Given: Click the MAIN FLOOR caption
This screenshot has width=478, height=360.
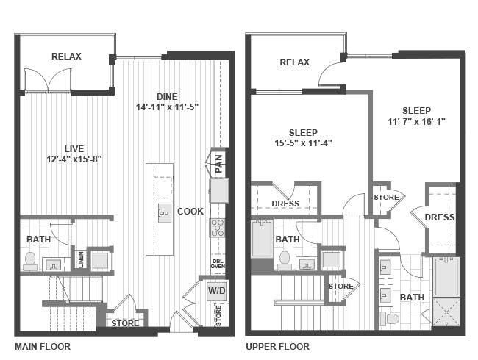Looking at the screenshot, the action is pyautogui.click(x=43, y=346).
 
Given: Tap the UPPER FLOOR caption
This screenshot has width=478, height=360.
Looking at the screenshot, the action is pyautogui.click(x=277, y=346).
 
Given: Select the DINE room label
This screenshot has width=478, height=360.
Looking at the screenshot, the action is pyautogui.click(x=167, y=96).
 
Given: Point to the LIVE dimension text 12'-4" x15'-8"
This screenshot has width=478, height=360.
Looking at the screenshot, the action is pyautogui.click(x=74, y=159).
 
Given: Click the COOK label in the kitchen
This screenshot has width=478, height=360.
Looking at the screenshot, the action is pyautogui.click(x=190, y=211).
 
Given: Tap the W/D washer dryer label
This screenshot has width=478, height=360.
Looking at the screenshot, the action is pyautogui.click(x=217, y=290).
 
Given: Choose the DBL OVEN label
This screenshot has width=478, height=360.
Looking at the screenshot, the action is pyautogui.click(x=218, y=264).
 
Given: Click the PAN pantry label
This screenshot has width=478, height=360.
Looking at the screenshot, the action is pyautogui.click(x=219, y=164).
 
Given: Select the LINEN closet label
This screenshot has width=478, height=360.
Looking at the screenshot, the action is pyautogui.click(x=81, y=260).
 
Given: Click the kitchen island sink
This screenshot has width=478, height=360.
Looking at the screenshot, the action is pyautogui.click(x=165, y=213).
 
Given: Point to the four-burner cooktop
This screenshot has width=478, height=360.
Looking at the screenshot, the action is pyautogui.click(x=217, y=228).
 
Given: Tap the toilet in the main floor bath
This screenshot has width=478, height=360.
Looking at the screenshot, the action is pyautogui.click(x=30, y=262).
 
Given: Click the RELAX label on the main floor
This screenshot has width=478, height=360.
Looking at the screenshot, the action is pyautogui.click(x=66, y=57).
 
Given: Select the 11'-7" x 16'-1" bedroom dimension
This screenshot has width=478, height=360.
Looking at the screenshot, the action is pyautogui.click(x=416, y=122).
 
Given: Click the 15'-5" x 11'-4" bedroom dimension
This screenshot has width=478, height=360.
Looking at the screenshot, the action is pyautogui.click(x=303, y=143).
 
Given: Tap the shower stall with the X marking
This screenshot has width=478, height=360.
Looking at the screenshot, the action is pyautogui.click(x=446, y=312).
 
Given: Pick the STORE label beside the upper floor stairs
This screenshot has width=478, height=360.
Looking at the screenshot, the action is pyautogui.click(x=340, y=287).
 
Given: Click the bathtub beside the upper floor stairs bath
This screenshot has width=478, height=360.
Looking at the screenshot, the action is pyautogui.click(x=262, y=240).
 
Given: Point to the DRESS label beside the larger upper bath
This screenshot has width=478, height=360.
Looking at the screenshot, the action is pyautogui.click(x=440, y=217).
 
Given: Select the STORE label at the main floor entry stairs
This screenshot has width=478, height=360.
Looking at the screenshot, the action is pyautogui.click(x=125, y=323).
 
